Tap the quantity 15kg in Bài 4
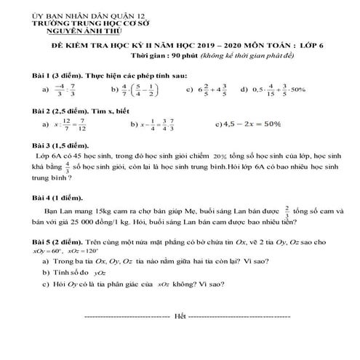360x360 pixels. coord(95,211)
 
